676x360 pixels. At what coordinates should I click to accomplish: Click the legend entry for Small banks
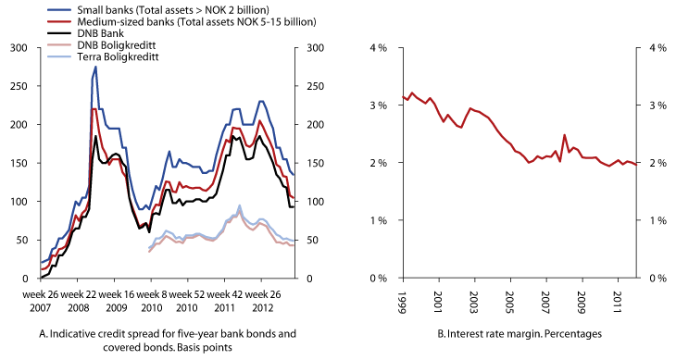167,8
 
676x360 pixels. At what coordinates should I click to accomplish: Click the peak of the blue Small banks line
95,67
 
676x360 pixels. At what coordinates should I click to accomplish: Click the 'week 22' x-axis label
83,293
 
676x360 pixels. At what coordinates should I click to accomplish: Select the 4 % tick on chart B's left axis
380,47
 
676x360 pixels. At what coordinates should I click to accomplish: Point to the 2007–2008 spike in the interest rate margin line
564,135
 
